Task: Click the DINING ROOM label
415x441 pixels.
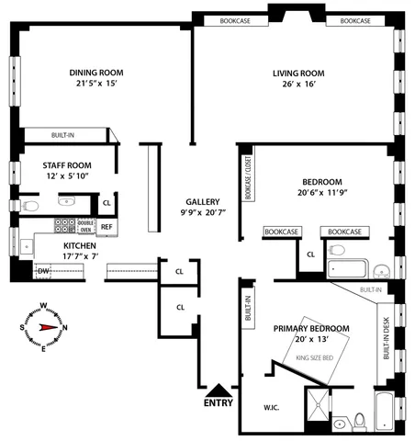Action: point(96,73)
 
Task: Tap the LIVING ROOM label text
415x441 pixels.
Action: point(298,73)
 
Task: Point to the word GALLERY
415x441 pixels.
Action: point(202,201)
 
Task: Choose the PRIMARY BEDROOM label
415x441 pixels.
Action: point(311,328)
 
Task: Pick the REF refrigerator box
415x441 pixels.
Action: point(107,226)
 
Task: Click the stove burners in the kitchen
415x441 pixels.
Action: point(66,225)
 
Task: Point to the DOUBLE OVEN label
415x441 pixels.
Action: point(86,225)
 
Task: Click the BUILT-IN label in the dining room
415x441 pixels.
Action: point(62,134)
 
